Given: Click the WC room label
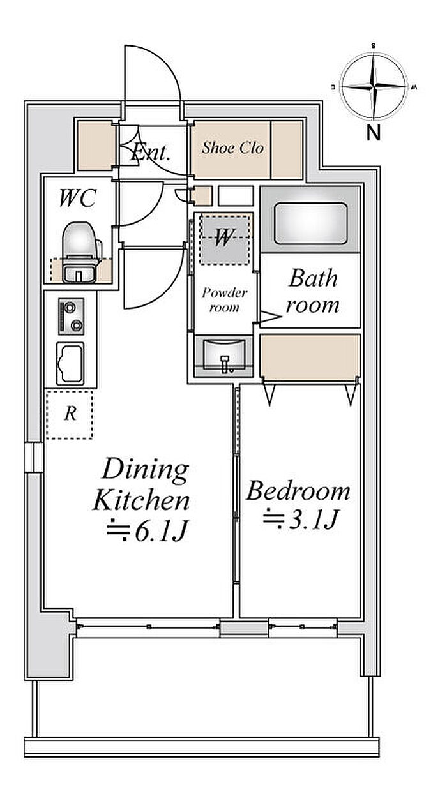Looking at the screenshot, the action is tap(77, 198).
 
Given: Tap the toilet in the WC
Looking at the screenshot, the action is tap(80, 251).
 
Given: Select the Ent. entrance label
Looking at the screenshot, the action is tap(151, 153).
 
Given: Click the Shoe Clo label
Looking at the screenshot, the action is tap(232, 147).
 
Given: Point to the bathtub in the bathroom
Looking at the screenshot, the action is tap(310, 223).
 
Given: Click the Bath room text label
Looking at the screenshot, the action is tap(313, 291).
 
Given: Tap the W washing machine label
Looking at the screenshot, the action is tap(223, 237).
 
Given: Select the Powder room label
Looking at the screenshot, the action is tap(224, 300).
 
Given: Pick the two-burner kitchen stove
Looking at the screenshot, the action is tap(71, 316).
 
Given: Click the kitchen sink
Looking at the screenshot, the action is tap(70, 364).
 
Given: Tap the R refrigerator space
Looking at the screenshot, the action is tap(70, 415).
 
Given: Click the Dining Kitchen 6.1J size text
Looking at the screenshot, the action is tap(148, 531).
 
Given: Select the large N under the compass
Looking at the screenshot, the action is tap(374, 133).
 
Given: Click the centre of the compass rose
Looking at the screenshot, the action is tap(374, 86).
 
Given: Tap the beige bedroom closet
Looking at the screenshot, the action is tap(310, 357).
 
